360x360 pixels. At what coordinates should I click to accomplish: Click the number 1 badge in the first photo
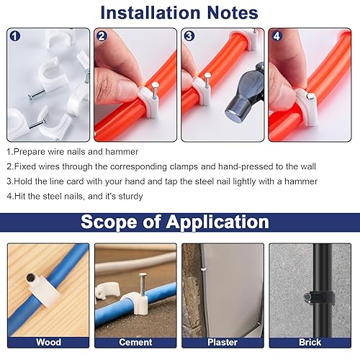(x=15, y=37)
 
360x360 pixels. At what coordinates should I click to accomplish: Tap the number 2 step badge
(x=102, y=37)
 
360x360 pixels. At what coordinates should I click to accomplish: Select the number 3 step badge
(x=189, y=36)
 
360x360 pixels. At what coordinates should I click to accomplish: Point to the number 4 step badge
(x=276, y=36)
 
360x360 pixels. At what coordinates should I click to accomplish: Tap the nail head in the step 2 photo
(x=156, y=85)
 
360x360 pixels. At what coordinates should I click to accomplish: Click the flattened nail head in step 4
(x=311, y=96)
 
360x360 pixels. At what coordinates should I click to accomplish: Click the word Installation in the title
(x=150, y=12)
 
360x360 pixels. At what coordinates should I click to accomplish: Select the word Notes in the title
(x=233, y=12)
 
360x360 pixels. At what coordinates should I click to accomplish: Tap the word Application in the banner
(x=217, y=222)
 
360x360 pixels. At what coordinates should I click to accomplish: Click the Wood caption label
(x=48, y=342)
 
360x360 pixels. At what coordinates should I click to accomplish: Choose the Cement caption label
(x=135, y=342)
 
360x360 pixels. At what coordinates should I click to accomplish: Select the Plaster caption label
(x=222, y=342)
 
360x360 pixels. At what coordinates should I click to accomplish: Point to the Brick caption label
(x=310, y=342)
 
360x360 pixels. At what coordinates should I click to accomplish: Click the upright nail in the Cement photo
(x=143, y=285)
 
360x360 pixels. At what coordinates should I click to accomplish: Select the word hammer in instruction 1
(x=122, y=152)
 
